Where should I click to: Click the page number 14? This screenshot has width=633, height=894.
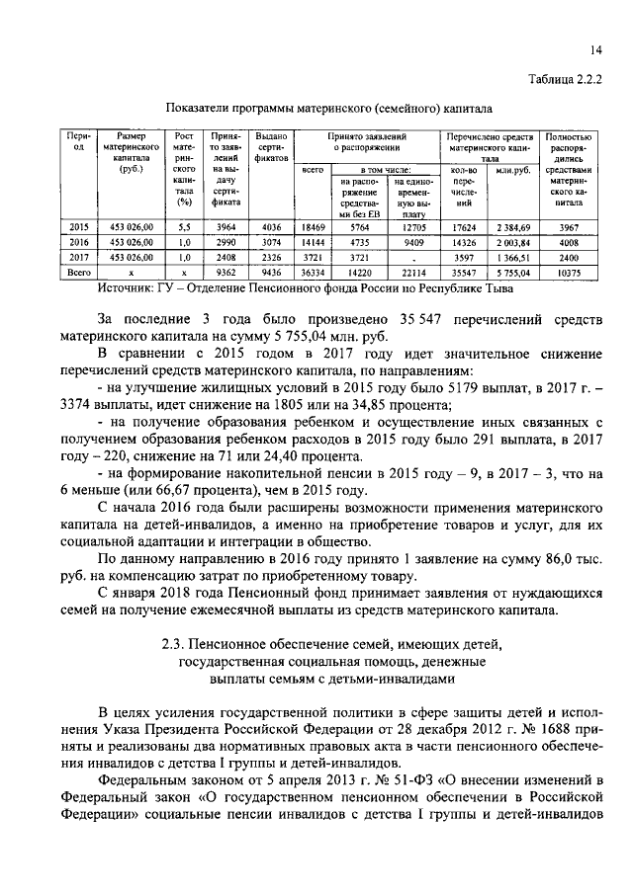[595, 49]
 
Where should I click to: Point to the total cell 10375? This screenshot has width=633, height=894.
[568, 270]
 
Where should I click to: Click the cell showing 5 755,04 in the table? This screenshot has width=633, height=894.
[512, 270]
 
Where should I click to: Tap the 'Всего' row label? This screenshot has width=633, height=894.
[77, 270]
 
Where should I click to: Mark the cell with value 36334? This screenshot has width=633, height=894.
[313, 270]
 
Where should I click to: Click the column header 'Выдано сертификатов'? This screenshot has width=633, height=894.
[270, 147]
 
